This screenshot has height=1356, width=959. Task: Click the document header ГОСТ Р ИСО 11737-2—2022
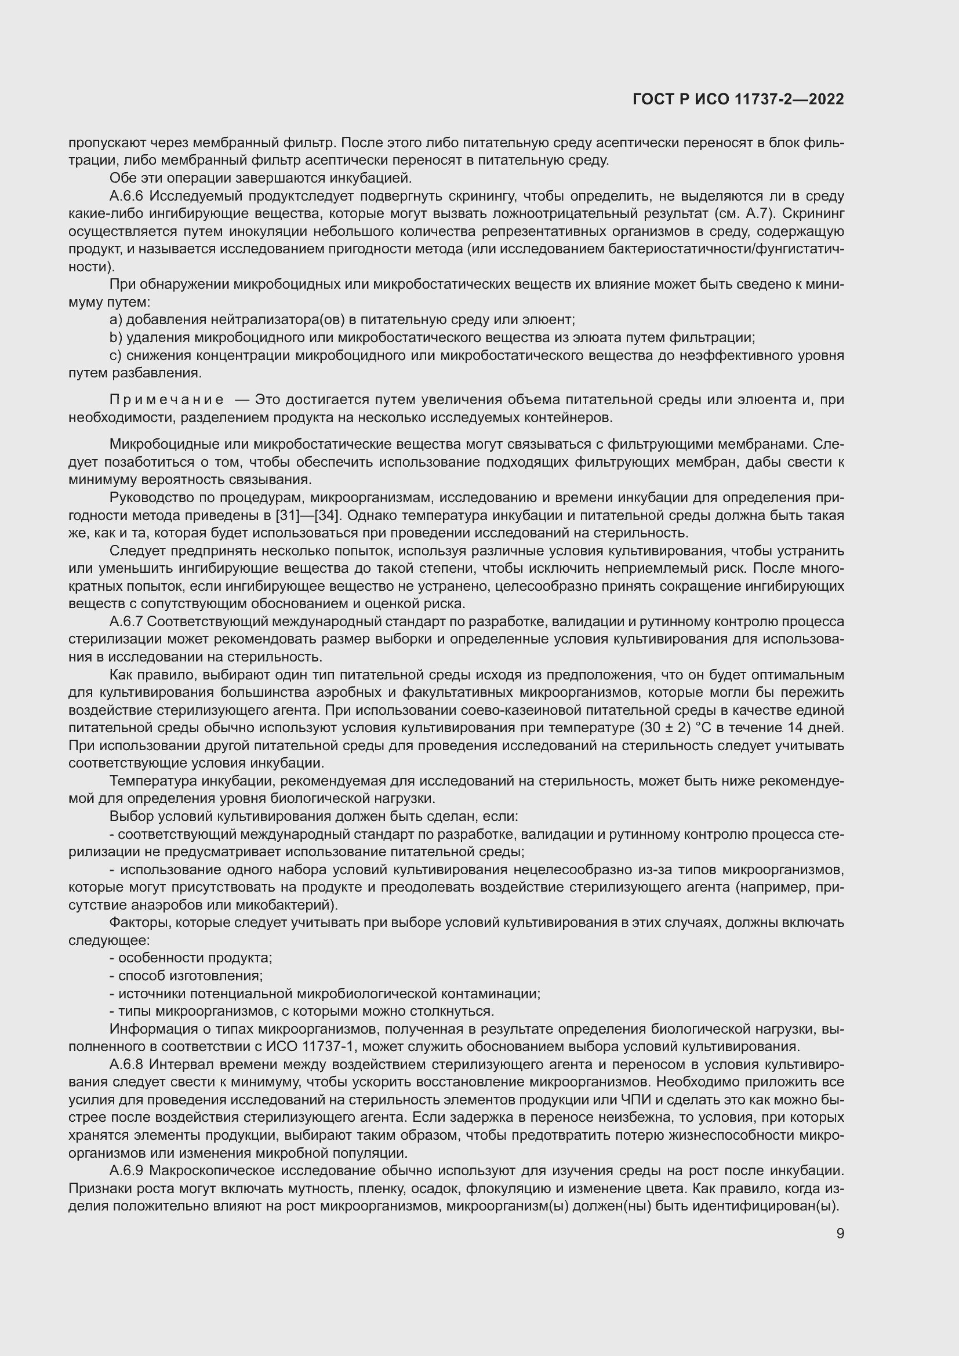click(738, 99)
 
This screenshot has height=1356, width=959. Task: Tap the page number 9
click(840, 1233)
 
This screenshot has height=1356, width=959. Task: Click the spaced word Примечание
click(166, 400)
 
